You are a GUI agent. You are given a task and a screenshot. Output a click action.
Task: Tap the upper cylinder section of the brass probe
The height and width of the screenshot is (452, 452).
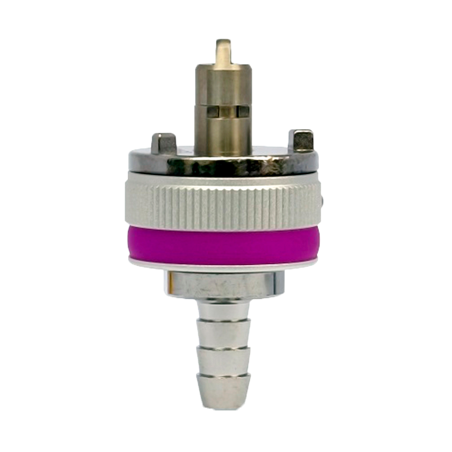pyautogui.click(x=222, y=86)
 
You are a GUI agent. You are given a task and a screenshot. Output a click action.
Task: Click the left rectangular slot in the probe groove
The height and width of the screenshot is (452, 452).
pyautogui.click(x=212, y=111)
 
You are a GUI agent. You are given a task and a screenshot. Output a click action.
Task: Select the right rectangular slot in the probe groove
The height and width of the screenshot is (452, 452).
pyautogui.click(x=243, y=111)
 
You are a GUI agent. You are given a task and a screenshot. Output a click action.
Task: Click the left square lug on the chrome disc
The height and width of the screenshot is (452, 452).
pyautogui.click(x=163, y=143)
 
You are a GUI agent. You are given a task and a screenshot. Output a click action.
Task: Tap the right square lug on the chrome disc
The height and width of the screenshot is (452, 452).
pyautogui.click(x=301, y=141)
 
